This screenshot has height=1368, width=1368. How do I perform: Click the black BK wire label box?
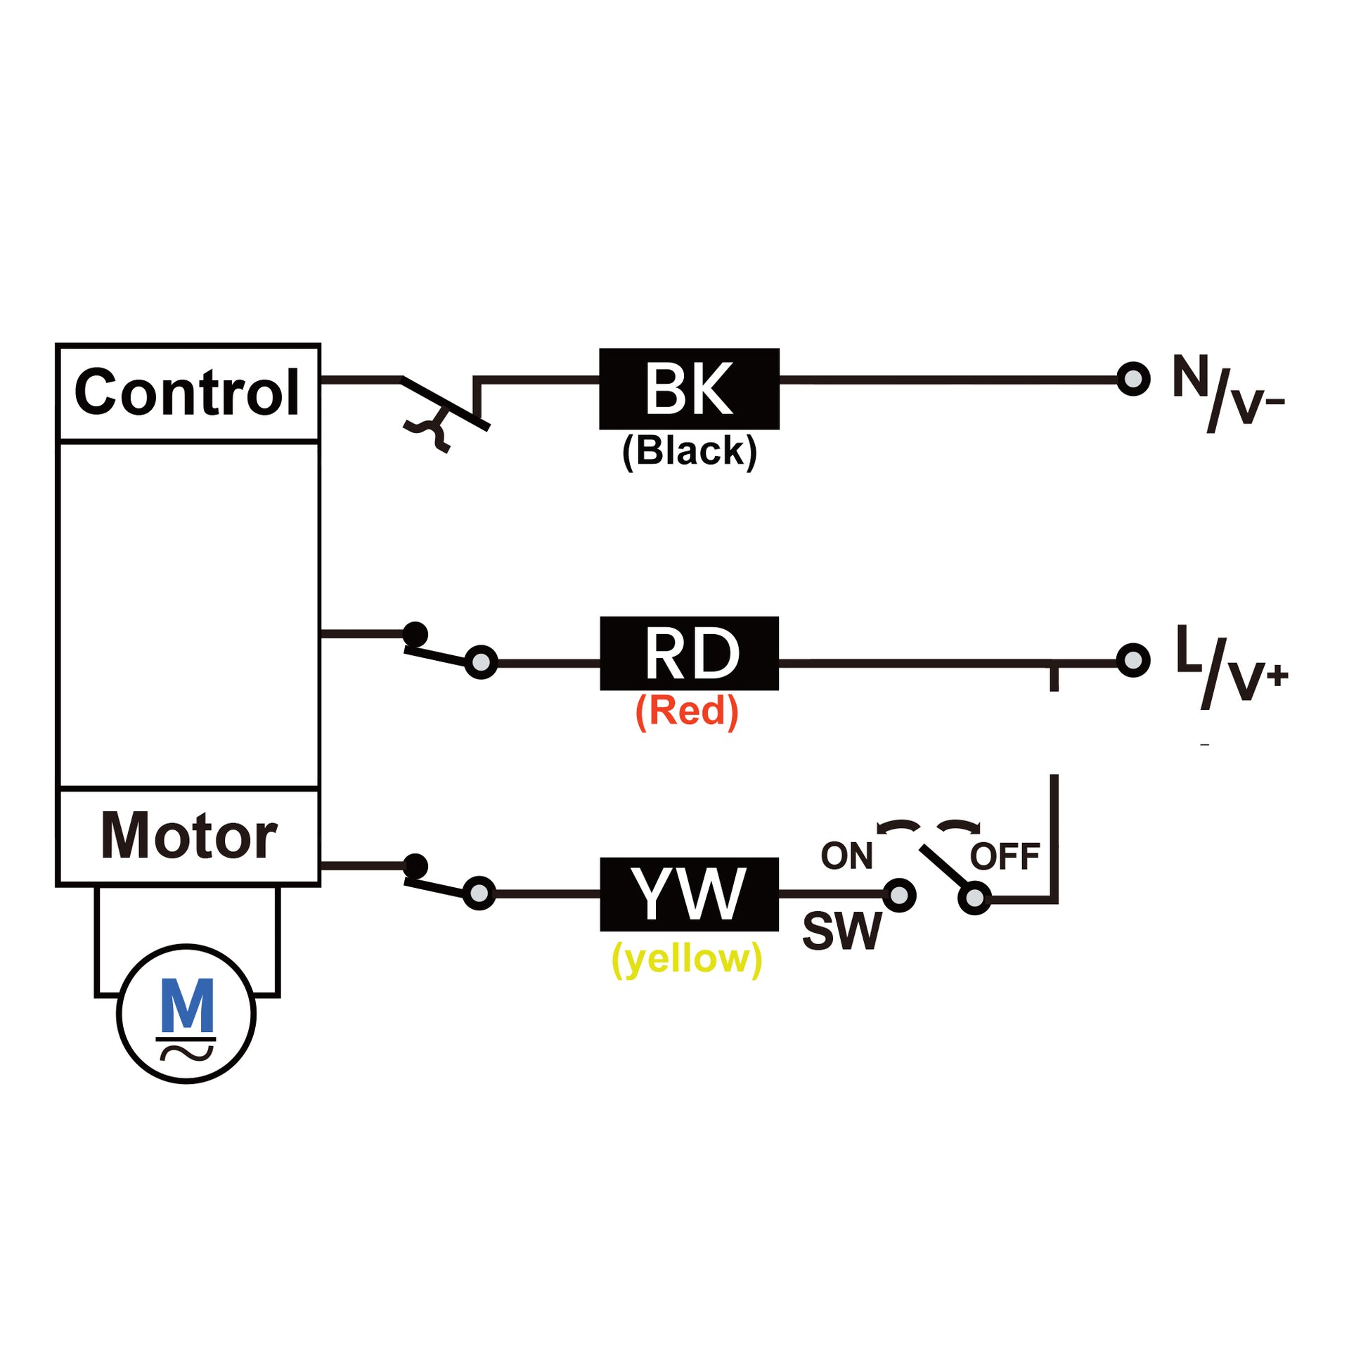tap(689, 389)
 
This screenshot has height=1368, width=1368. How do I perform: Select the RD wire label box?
tap(689, 653)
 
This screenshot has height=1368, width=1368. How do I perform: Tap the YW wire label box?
tap(689, 893)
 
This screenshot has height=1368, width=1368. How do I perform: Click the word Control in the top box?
tap(187, 392)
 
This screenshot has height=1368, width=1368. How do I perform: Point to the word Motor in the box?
tap(188, 837)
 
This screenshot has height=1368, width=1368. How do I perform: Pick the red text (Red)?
tap(687, 711)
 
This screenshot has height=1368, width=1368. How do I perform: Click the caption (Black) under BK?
tap(689, 451)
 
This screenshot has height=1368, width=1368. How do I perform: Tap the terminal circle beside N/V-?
tap(1133, 379)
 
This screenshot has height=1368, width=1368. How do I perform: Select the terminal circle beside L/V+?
tap(1133, 660)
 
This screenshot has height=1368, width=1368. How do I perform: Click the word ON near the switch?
tap(846, 856)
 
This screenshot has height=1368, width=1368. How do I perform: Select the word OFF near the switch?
tap(1005, 857)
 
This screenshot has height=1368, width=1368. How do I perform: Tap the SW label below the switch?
tap(842, 932)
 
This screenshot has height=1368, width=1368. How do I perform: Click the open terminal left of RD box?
tap(481, 662)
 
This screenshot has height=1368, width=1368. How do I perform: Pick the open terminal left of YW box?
tap(479, 893)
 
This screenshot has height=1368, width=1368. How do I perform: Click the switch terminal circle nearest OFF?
tap(974, 898)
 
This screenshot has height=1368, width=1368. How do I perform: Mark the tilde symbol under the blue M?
tap(186, 1053)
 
